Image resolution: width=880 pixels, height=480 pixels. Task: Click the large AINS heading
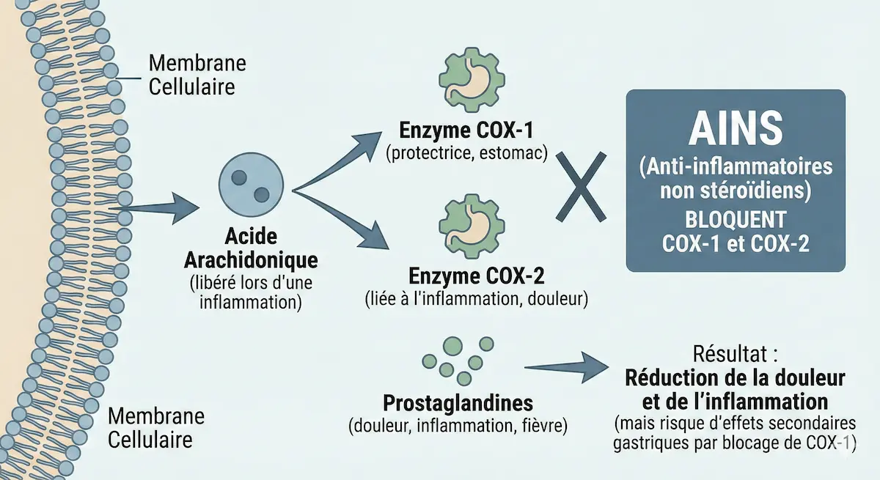pos(735,131)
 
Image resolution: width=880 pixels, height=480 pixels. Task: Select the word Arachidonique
pos(252,261)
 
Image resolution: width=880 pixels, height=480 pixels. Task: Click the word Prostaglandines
pos(458,404)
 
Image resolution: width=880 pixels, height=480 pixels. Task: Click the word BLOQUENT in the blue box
pos(736,220)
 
